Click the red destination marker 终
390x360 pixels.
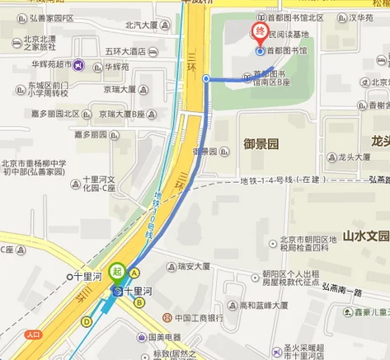pyautogui.click(x=260, y=34)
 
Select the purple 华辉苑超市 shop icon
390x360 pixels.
pyautogui.click(x=78, y=65)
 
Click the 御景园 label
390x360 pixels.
pyautogui.click(x=261, y=143)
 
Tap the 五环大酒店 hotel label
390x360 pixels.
pyautogui.click(x=125, y=51)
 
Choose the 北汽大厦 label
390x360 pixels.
pyautogui.click(x=141, y=26)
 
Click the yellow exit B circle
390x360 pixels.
pyautogui.click(x=140, y=302)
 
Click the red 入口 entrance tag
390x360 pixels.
pyautogui.click(x=33, y=334)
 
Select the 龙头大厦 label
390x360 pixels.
pyautogui.click(x=354, y=157)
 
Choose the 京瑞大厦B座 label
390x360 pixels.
pyautogui.click(x=125, y=114)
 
